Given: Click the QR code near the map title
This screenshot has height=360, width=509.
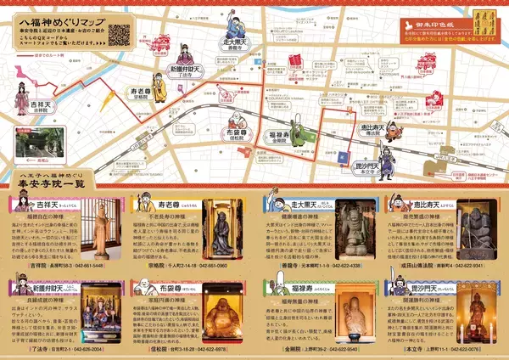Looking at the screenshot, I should click(x=120, y=36).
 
